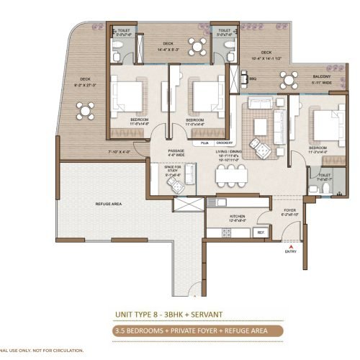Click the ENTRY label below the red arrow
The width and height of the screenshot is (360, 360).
[x=290, y=251]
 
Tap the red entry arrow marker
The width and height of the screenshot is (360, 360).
[x=289, y=245]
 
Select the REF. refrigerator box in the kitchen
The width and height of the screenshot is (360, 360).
[x=261, y=232]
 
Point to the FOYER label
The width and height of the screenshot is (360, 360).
[x=289, y=211]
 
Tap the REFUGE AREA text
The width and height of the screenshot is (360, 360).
[x=108, y=204]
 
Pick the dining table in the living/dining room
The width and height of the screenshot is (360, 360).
[x=230, y=175]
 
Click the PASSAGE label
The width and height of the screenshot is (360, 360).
[x=176, y=150]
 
